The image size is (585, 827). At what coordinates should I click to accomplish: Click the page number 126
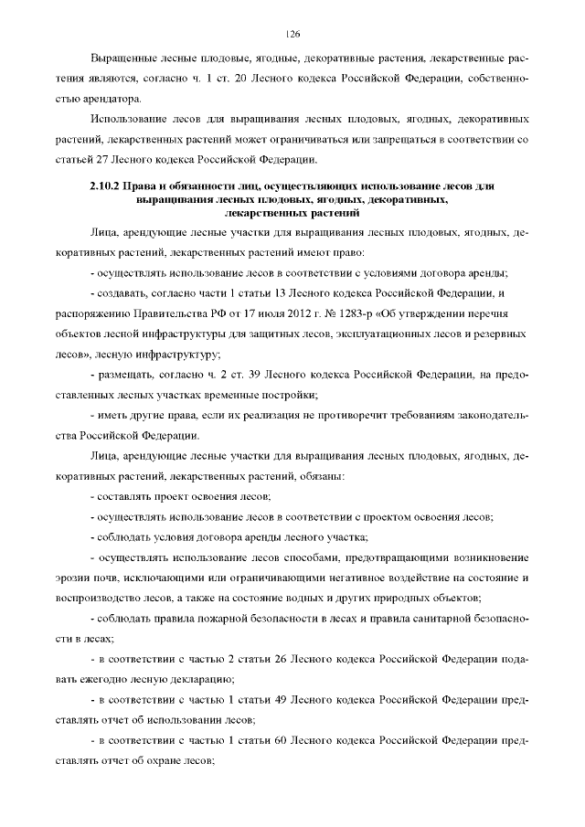coord(292,34)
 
